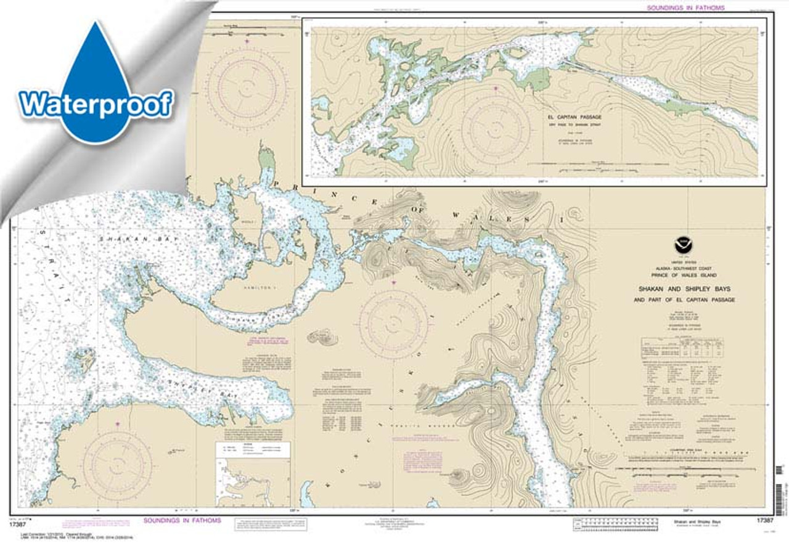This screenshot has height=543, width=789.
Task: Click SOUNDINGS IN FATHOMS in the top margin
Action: click(x=685, y=8)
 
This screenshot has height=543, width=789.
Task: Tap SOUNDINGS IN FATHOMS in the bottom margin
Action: click(x=182, y=521)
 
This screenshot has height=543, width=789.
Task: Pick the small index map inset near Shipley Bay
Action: click(x=252, y=475)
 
